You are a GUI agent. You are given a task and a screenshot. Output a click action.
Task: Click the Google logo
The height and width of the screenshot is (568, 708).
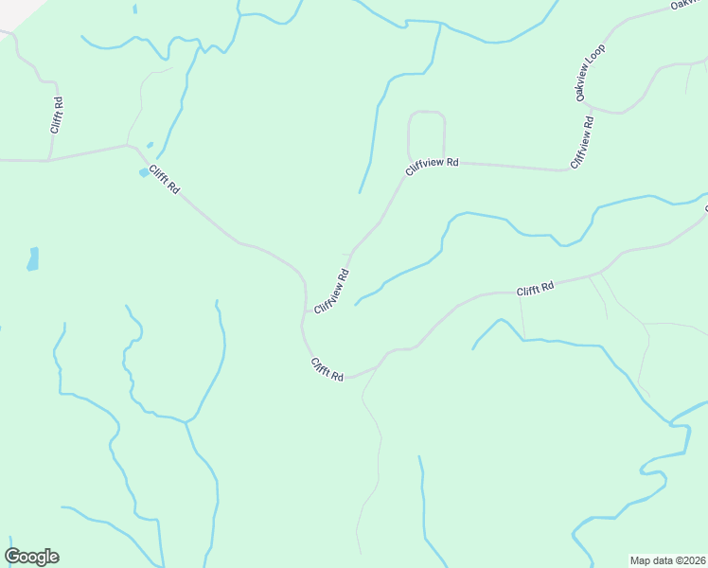tap(31, 557)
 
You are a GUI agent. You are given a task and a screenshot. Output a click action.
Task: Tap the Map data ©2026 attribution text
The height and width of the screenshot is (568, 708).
tap(668, 559)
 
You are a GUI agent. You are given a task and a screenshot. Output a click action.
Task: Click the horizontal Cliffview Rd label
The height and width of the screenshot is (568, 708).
tap(432, 167)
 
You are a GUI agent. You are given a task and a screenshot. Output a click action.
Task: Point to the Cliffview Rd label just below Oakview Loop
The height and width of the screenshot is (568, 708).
tap(582, 143)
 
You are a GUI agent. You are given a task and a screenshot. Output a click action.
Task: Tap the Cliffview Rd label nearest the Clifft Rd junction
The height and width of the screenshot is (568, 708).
tap(332, 292)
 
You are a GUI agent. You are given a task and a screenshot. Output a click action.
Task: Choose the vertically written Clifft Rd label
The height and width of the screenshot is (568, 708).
tap(57, 115)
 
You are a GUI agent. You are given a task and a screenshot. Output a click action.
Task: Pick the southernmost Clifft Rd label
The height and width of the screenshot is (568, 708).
tap(327, 370)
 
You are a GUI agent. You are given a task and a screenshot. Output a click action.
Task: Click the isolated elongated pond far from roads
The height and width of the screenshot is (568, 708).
tap(33, 258)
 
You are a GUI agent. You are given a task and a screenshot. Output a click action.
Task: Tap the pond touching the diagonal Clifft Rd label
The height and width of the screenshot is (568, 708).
tap(144, 172)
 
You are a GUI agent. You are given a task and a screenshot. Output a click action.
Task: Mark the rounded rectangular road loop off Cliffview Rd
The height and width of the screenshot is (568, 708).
tap(427, 133)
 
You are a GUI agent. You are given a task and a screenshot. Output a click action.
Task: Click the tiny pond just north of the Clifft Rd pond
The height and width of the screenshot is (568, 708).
tap(150, 145)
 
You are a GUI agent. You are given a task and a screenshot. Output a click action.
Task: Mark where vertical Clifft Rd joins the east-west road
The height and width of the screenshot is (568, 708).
tap(49, 159)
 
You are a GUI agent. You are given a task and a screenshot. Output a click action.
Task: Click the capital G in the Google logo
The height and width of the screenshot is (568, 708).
tap(13, 556)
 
